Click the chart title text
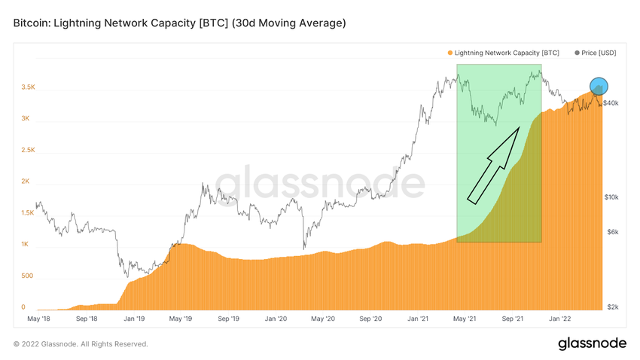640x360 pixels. click(179, 23)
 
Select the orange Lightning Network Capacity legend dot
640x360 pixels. click(450, 53)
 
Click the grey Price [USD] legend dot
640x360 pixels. click(578, 53)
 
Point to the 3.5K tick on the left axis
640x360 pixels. click(28, 87)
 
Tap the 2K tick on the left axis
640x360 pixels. click(25, 182)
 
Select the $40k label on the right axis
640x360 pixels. click(611, 102)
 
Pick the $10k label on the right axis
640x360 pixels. click(611, 197)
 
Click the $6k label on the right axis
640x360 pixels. click(612, 232)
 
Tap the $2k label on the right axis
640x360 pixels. click(612, 307)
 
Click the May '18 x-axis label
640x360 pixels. click(39, 319)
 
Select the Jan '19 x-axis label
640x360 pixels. click(134, 319)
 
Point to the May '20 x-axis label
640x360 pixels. click(323, 319)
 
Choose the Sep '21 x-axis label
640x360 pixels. click(514, 319)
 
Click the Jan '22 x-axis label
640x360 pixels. click(561, 319)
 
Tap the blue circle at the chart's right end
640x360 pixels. click(598, 87)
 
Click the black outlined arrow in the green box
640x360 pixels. click(493, 166)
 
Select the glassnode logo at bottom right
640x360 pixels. click(592, 343)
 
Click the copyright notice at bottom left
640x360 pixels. click(81, 344)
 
